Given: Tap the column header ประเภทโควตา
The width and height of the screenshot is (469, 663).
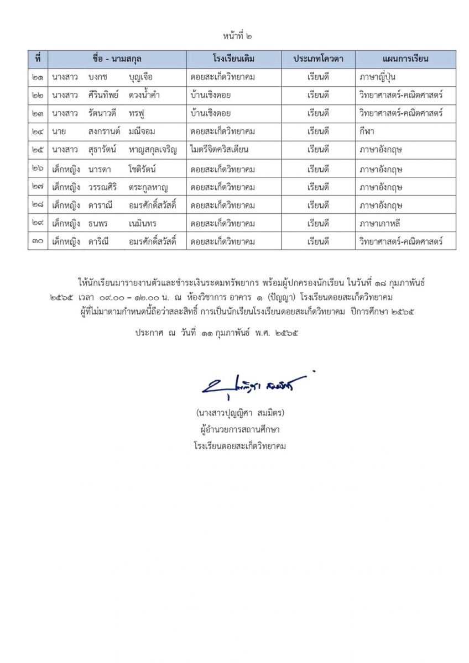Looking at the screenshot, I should (x=318, y=59).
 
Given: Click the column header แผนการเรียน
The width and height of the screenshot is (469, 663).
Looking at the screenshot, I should (x=405, y=59).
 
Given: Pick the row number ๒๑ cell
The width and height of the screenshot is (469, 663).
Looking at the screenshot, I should (x=38, y=77).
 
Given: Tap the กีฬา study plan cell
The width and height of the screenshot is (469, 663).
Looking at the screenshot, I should (x=367, y=132).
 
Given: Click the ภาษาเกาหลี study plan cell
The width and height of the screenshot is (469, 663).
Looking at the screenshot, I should (x=381, y=223).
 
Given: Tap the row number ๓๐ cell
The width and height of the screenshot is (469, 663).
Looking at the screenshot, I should (x=38, y=241).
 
